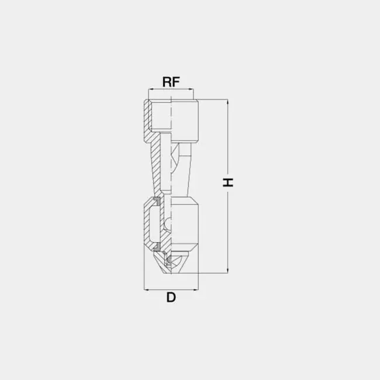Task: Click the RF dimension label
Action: click(171, 82)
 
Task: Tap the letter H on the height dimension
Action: click(228, 182)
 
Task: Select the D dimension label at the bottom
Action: click(171, 298)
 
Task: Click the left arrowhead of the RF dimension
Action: click(151, 89)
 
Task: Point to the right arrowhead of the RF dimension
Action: click(191, 89)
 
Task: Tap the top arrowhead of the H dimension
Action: click(227, 102)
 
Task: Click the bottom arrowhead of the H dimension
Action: click(227, 271)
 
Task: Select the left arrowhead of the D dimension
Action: click(147, 289)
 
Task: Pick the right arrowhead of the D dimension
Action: click(196, 289)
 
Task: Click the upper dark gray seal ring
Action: click(157, 201)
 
